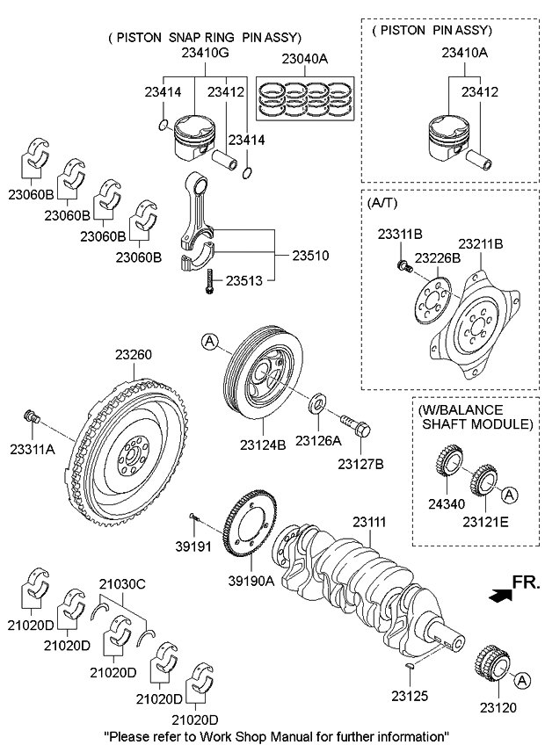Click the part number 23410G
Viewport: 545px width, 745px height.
pyautogui.click(x=205, y=54)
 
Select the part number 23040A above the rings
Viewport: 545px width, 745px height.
pyautogui.click(x=304, y=60)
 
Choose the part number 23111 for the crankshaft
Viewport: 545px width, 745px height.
pyautogui.click(x=370, y=522)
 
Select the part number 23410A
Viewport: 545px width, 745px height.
pyautogui.click(x=464, y=54)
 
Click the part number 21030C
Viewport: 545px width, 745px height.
pyautogui.click(x=121, y=584)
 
